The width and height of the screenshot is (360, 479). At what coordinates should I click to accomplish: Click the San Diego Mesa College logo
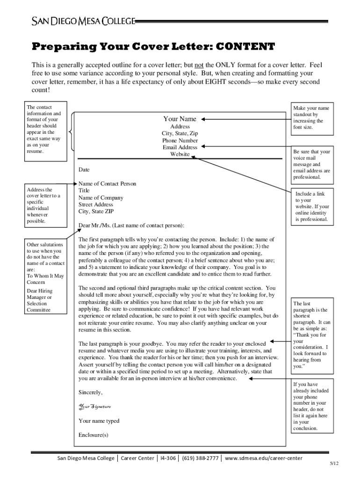(83, 21)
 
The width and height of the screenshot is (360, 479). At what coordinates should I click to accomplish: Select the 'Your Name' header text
(180, 119)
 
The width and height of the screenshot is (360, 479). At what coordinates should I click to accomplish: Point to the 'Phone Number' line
(180, 140)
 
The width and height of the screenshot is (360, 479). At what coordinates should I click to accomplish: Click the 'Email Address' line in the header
(180, 147)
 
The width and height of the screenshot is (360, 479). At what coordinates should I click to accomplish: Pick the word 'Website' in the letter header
(180, 154)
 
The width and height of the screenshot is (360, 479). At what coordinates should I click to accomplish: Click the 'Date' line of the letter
(84, 170)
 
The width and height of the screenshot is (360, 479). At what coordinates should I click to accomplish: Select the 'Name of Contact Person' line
(107, 184)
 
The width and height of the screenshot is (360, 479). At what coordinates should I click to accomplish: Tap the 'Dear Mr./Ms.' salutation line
(131, 225)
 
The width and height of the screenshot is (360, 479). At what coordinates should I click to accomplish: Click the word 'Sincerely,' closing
(90, 392)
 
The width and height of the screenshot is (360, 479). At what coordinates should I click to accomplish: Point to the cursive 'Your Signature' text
(94, 406)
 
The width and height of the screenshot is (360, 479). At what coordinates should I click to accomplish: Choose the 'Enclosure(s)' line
(93, 435)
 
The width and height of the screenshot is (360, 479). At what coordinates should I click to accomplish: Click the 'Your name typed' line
(99, 421)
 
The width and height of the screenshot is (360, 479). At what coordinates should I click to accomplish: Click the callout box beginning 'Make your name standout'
(311, 118)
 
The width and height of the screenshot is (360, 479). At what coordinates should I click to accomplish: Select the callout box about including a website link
(311, 206)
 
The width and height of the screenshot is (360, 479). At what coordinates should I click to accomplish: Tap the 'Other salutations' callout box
(45, 277)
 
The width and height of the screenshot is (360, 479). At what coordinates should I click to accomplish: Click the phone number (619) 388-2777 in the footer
(200, 458)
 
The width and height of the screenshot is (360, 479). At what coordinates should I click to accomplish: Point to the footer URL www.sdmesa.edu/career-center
(264, 458)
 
